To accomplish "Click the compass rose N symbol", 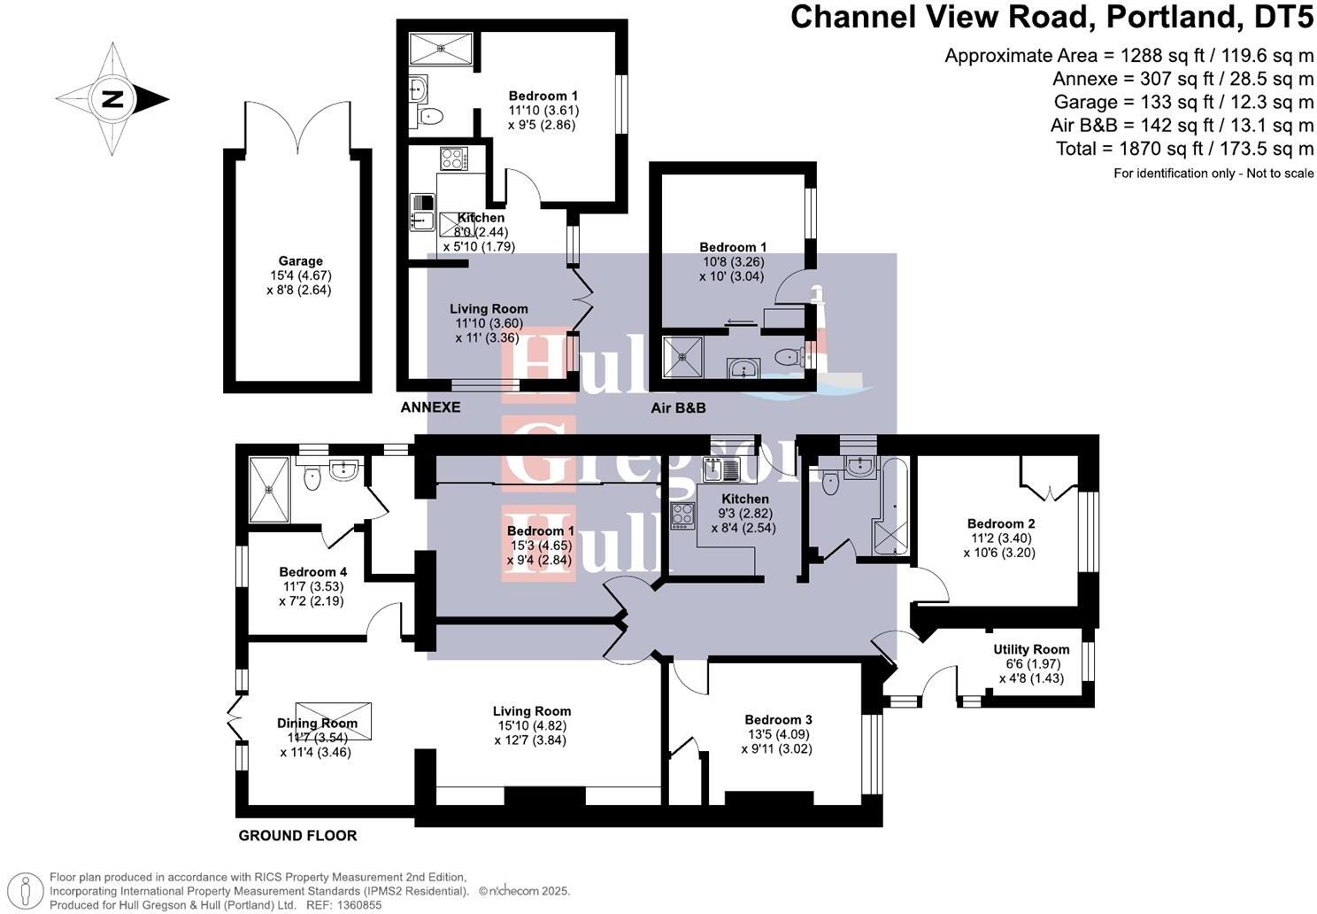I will (112, 98).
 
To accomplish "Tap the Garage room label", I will (300, 261).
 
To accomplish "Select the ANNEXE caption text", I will (430, 407).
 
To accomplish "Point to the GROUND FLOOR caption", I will (297, 835).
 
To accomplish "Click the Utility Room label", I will (1031, 649).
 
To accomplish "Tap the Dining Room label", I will (317, 723).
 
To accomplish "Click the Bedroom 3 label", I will (778, 720).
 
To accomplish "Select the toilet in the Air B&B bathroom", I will (785, 358).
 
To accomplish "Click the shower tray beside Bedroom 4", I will (269, 489).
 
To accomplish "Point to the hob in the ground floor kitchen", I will (683, 515).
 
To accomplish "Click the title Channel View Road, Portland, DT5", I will (1051, 17).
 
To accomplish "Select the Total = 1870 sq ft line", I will (1184, 149).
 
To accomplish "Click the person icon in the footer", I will (28, 890).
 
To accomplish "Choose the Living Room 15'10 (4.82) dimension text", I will (531, 725).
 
